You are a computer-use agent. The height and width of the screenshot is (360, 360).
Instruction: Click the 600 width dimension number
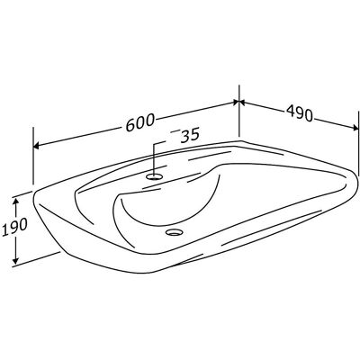(x=140, y=122)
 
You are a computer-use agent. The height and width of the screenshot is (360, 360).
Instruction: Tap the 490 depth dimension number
(x=299, y=113)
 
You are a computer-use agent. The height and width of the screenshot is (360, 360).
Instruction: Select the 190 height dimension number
(x=15, y=225)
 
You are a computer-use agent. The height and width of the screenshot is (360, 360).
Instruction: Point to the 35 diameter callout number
(x=190, y=135)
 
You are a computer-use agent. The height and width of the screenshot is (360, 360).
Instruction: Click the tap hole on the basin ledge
(x=155, y=176)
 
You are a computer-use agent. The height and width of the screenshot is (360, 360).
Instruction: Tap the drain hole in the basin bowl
(x=174, y=231)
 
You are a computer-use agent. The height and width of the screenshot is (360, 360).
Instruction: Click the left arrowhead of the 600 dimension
(x=36, y=146)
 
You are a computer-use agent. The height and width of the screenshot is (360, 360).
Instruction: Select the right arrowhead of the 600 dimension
(x=236, y=103)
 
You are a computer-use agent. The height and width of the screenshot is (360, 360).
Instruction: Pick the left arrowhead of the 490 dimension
(x=242, y=103)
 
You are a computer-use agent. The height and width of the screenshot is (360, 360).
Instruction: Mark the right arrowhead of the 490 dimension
(x=355, y=128)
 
